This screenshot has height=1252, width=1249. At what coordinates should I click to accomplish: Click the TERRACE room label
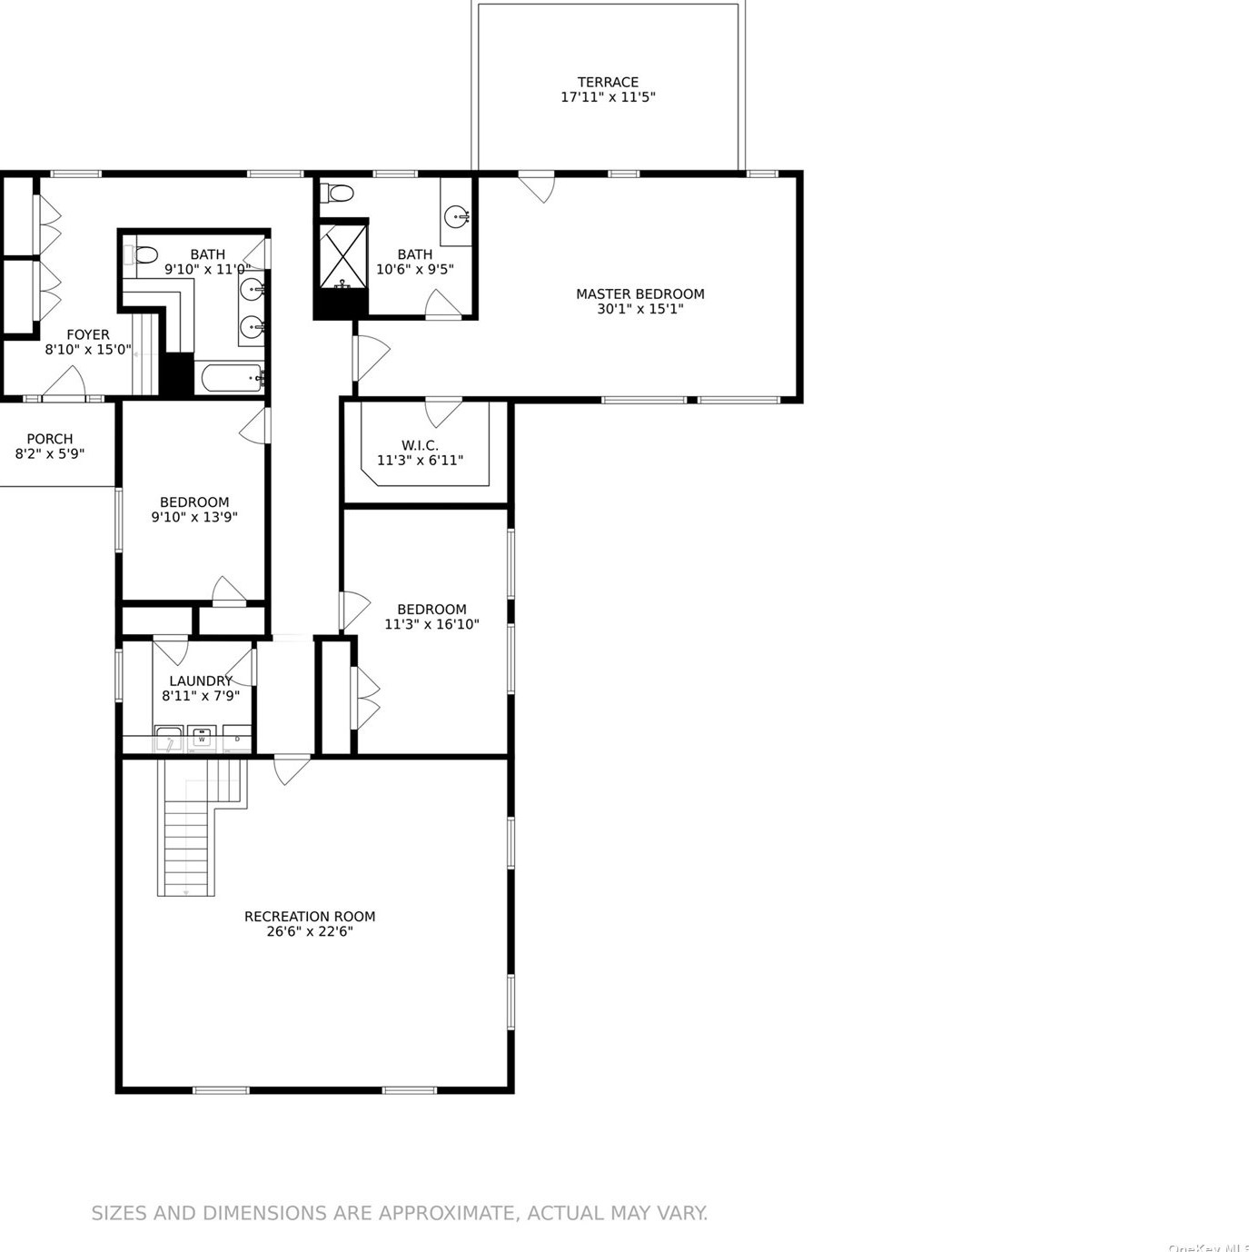point(608,83)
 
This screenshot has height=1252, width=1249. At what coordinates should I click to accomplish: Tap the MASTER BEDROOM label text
point(639,293)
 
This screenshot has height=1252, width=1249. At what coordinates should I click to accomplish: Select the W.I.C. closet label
point(420,445)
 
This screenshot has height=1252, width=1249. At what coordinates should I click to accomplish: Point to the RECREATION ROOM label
point(310,916)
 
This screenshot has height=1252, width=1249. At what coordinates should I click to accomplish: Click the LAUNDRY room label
point(201,681)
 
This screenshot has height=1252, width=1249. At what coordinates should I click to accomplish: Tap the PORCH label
point(49,439)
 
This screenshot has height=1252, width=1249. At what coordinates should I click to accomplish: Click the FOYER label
point(88,334)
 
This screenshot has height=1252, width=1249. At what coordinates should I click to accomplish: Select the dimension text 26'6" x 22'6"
point(310,931)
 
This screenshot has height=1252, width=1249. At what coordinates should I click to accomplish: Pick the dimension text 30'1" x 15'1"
point(639,309)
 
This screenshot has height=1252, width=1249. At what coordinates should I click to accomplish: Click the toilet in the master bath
point(339,193)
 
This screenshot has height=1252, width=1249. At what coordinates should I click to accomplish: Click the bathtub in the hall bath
point(230,377)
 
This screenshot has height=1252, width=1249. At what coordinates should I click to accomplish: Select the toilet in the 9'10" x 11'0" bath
point(141,254)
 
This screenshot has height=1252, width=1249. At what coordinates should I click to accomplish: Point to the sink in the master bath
point(457,215)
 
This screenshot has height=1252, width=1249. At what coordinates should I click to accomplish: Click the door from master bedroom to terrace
point(537,188)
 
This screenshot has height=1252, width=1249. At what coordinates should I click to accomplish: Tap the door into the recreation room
point(292,770)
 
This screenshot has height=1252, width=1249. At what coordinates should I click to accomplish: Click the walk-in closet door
point(443,413)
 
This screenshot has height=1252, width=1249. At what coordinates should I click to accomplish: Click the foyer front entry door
point(64,381)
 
